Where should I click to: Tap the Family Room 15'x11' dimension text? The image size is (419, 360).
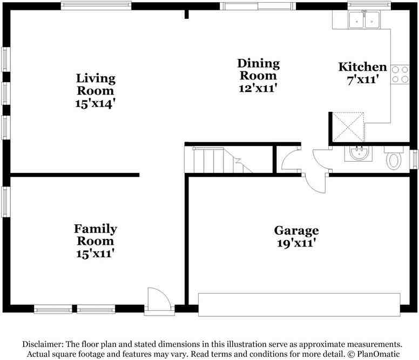click(96, 253)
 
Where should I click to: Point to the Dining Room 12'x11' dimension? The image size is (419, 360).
click(259, 88)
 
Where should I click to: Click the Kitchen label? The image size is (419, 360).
click(362, 67)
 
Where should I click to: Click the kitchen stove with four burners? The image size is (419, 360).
click(400, 74)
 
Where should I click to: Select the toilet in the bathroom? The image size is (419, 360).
click(394, 159)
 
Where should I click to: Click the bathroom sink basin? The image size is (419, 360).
click(357, 154)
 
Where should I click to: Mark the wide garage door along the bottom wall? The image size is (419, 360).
click(299, 305)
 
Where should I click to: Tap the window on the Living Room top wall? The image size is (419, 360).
click(96, 6)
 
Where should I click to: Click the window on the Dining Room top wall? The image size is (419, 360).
click(258, 6)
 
